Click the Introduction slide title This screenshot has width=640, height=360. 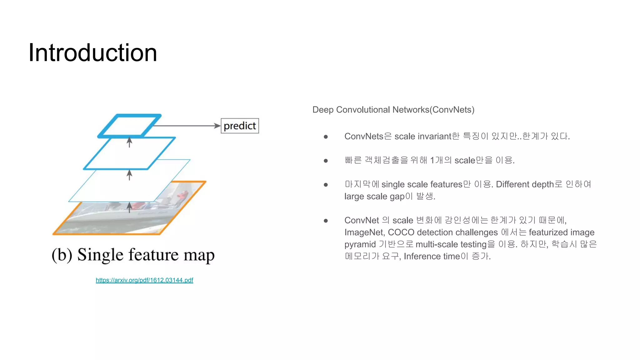[92, 52]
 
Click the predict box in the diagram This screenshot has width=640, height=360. [240, 126]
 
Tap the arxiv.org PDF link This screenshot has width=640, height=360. [144, 280]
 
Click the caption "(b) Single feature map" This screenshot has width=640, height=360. [133, 255]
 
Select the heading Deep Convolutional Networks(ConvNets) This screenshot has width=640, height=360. [393, 110]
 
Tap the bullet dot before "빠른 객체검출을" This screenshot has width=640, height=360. [326, 161]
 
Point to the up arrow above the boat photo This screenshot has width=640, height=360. [129, 207]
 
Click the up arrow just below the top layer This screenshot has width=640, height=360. [129, 142]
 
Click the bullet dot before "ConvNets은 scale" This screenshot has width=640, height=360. [326, 137]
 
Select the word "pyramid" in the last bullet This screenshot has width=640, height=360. [360, 244]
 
